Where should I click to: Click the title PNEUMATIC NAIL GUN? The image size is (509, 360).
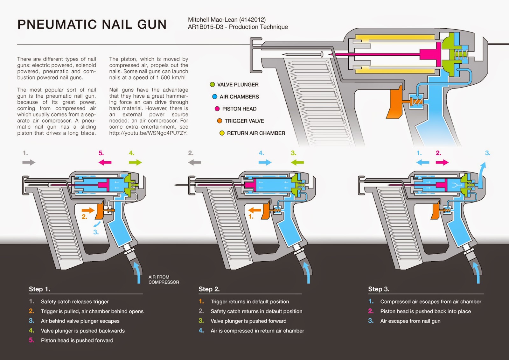(92, 25)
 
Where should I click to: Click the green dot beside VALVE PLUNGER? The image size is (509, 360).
(212, 84)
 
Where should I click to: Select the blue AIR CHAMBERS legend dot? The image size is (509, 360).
(215, 96)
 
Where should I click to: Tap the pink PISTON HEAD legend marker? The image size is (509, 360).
(217, 109)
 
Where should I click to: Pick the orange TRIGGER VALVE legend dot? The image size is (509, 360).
(220, 121)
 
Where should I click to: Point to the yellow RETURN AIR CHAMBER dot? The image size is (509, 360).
(222, 133)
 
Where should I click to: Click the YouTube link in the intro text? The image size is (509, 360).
(148, 133)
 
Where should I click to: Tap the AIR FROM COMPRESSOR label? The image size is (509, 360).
(164, 279)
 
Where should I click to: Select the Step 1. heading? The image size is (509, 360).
(39, 289)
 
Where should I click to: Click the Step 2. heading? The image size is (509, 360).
(209, 289)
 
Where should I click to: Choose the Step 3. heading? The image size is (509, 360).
(379, 289)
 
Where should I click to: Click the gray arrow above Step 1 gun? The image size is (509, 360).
(29, 162)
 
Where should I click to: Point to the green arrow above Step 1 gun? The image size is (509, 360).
(135, 162)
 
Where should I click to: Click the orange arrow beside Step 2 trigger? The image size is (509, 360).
(254, 210)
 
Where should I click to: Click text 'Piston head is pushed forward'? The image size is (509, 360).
(77, 340)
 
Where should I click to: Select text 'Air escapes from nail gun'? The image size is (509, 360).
(410, 321)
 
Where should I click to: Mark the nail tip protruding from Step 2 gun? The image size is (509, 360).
(176, 185)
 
